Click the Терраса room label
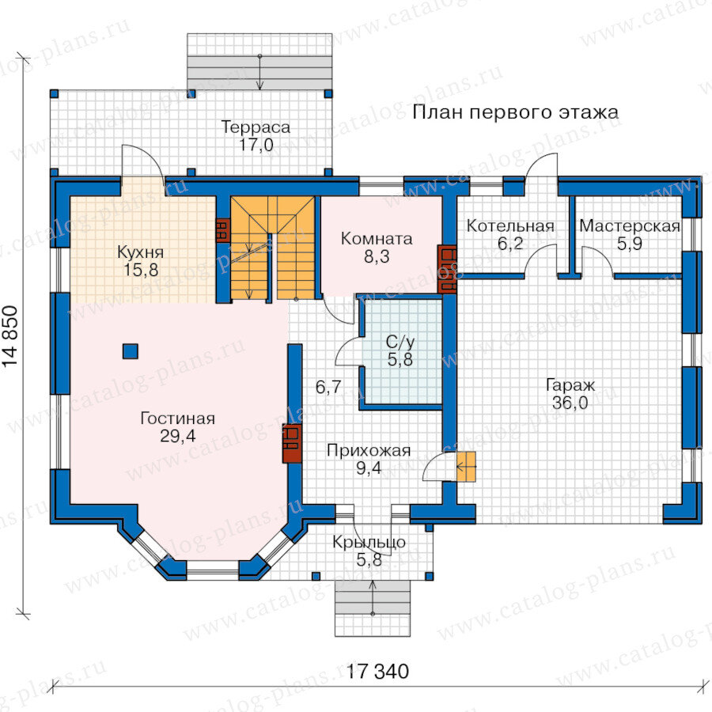pos(256,127)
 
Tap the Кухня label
pos(140,252)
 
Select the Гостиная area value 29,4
pos(177,436)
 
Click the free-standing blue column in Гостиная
pos(131,351)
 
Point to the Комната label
pos(377,239)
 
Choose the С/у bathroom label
pos(400,342)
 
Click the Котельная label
pos(510,226)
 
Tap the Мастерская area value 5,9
pos(630,244)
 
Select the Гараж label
pos(570,385)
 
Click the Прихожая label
pos(368,450)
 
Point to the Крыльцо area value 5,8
pos(369,560)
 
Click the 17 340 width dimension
pos(377,671)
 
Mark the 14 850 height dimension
pos(10,336)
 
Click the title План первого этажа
pos(515,112)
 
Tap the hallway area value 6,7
pos(328,387)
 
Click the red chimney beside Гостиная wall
pos(292,443)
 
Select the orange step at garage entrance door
pos(466,466)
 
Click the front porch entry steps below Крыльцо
pos(373,608)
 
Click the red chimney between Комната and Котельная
pos(447,269)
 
